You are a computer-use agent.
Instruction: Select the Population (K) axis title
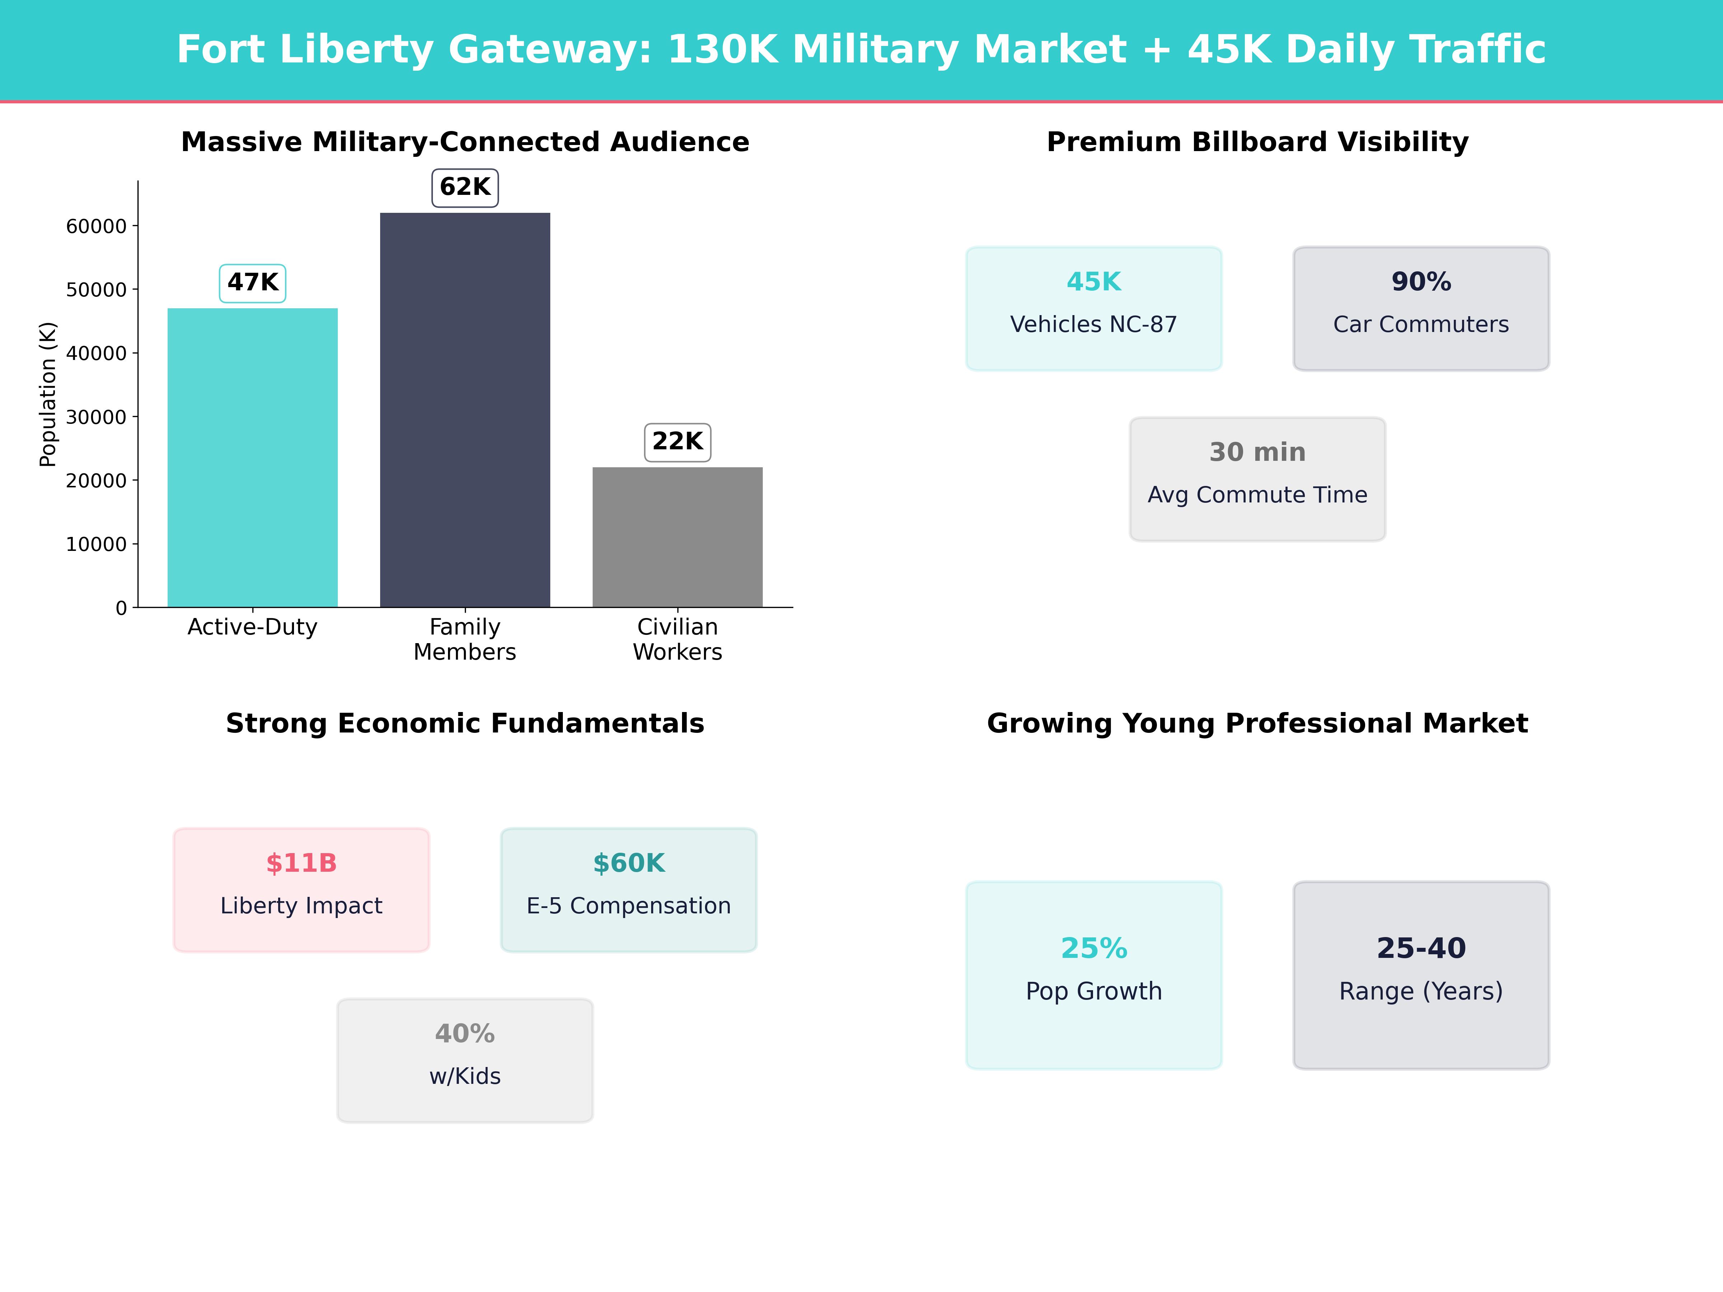[48, 394]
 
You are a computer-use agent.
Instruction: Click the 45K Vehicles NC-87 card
[1094, 308]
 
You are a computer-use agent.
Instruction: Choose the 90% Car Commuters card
[1421, 308]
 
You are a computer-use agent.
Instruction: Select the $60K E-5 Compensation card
[629, 889]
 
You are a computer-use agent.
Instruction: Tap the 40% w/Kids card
[465, 1060]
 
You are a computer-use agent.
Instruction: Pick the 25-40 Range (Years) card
[1421, 975]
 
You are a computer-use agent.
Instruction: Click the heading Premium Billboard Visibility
[1257, 142]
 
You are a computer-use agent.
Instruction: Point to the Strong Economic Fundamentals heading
[465, 724]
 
